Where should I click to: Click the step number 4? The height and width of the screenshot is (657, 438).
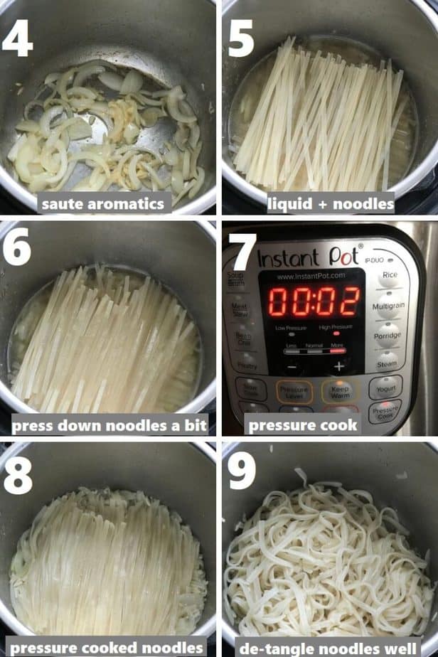[17, 36]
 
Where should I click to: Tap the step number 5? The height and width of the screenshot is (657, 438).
[240, 36]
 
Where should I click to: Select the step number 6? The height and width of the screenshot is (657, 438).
[16, 247]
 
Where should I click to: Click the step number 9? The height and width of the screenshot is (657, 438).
[242, 471]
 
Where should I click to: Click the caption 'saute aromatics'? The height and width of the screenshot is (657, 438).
[104, 204]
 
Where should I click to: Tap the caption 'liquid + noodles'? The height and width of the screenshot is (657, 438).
[331, 204]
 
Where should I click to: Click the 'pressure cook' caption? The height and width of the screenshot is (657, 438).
[302, 425]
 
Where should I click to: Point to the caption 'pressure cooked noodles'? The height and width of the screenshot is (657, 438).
[108, 648]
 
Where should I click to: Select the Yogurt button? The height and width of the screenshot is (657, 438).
[385, 389]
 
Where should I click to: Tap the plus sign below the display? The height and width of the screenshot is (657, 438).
[338, 367]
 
